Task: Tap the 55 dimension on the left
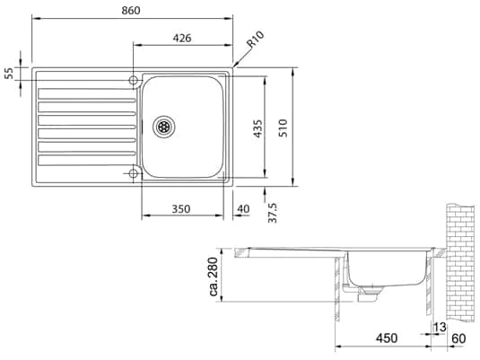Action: (10, 74)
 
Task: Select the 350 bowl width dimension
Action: (180, 208)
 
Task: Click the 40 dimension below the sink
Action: (243, 208)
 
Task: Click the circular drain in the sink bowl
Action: (163, 127)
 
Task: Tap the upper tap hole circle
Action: (134, 81)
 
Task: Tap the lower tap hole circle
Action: (134, 172)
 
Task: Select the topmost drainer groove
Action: (86, 92)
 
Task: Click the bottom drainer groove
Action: (86, 161)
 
